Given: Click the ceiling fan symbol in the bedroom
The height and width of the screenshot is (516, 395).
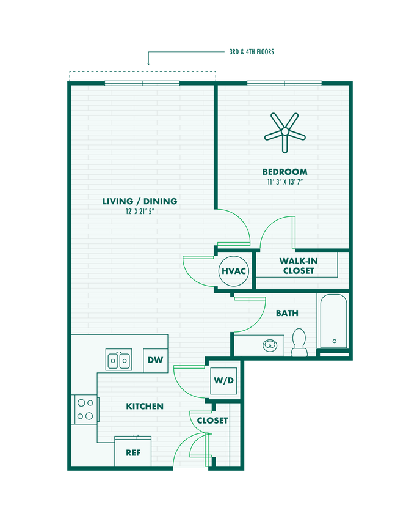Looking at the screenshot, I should pos(284,131).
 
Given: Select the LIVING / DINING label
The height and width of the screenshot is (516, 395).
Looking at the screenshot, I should pos(140,201).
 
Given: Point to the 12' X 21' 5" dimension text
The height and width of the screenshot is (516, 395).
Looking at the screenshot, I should pos(140,212).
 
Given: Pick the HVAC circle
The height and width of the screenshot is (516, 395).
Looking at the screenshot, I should pos(233,270).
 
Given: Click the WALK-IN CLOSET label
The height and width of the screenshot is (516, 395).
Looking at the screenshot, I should pos(298,265).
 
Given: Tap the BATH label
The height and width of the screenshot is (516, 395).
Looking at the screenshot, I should pos(287,313).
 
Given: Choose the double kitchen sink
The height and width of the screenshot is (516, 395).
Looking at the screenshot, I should pos(119,360).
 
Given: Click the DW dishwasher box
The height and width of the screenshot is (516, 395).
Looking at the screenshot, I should pos(156,360).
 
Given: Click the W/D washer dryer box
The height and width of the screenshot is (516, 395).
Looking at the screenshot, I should pos(223,380).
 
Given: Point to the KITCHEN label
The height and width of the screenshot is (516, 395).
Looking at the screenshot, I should pos(145,406).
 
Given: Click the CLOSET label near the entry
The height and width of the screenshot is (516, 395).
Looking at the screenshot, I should pos(212,421).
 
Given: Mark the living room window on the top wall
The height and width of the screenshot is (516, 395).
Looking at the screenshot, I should pos(142,83).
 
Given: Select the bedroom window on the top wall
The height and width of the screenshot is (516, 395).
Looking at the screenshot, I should pos(284,83).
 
